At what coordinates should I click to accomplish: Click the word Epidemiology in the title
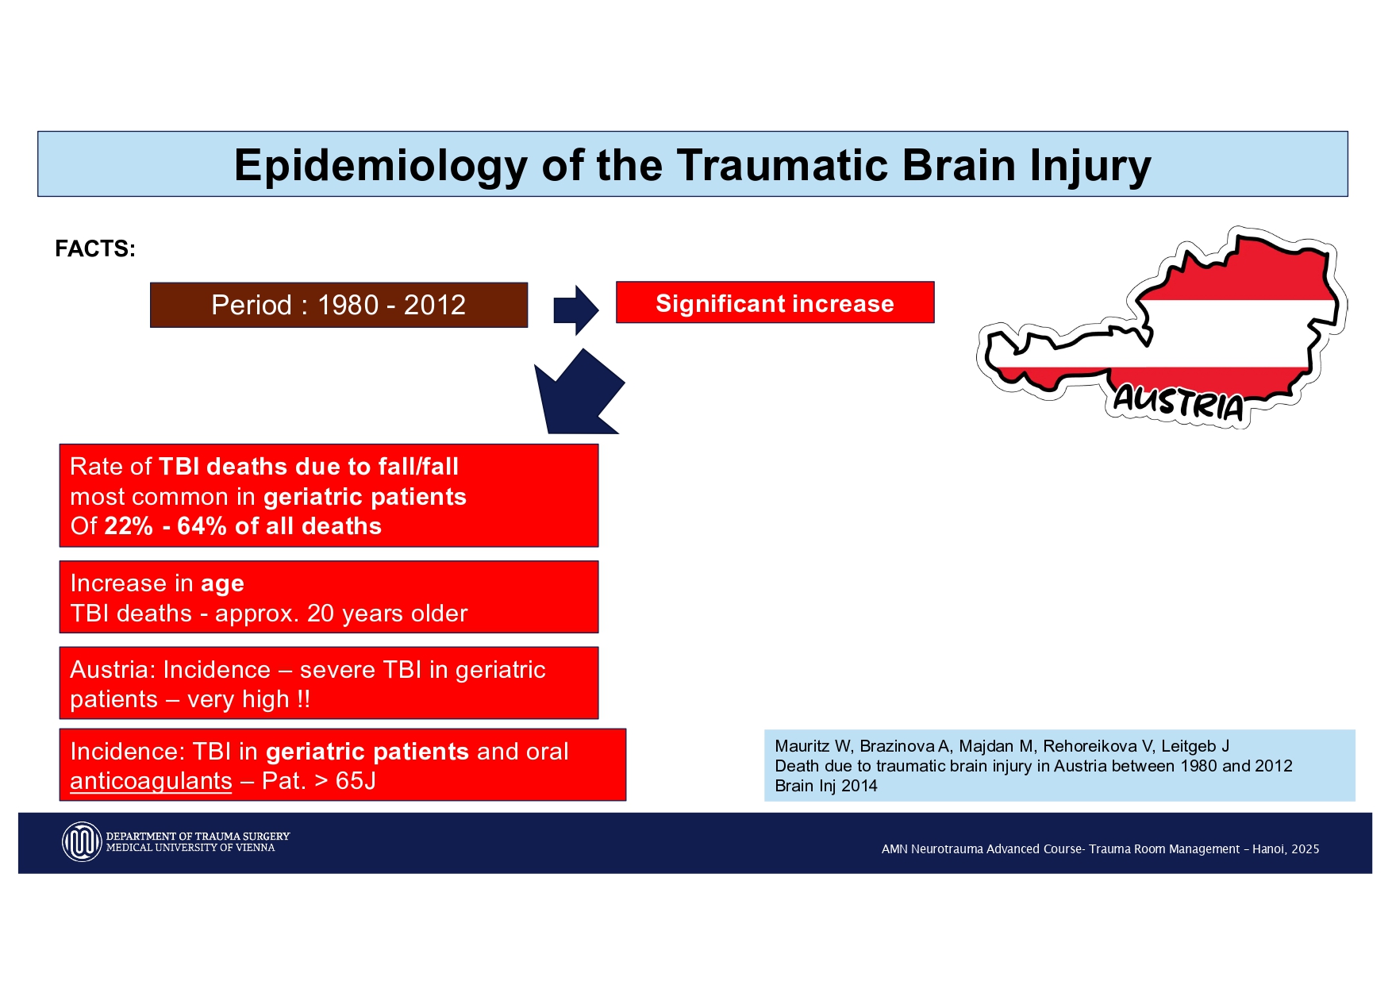coord(380,167)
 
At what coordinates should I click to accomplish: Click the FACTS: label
coord(95,249)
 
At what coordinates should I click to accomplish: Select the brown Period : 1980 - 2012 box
coord(339,305)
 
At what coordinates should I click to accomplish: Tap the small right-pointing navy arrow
coord(576,310)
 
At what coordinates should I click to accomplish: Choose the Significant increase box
coord(775,302)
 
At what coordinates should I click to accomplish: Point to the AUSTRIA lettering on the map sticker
coord(1179,402)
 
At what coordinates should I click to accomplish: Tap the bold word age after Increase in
coord(222,585)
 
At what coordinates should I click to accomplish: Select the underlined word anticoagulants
coord(151,782)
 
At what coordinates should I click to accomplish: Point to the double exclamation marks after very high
coord(303,699)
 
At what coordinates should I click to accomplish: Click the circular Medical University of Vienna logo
coord(82,842)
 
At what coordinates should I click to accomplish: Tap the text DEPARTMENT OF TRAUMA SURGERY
coord(198,837)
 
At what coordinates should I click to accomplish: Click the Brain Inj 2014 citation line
coord(826,786)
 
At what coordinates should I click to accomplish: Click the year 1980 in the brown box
coord(348,305)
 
